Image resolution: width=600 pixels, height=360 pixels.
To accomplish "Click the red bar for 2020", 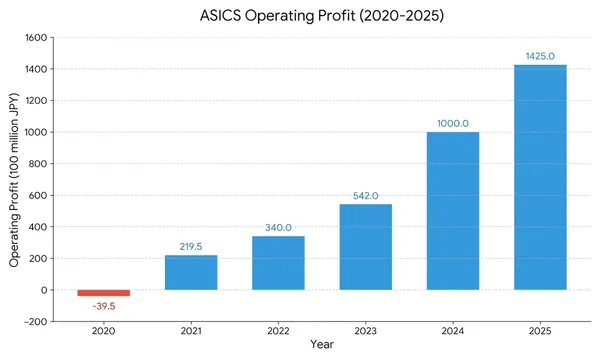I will (x=104, y=293).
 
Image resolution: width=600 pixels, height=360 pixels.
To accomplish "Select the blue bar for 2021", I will (x=191, y=272).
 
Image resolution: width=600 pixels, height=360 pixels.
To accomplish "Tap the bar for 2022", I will (x=278, y=263).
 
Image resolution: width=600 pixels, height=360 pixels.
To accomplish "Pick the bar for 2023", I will (x=365, y=247).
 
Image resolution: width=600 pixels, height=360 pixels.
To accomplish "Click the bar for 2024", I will (x=453, y=211).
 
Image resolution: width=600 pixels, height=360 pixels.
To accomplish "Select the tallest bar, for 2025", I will (x=540, y=177).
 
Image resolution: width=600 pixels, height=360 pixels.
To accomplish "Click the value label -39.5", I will (x=104, y=305).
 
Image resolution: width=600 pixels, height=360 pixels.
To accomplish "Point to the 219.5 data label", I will (x=191, y=246).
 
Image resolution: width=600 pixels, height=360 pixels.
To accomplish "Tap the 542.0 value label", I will (x=365, y=195).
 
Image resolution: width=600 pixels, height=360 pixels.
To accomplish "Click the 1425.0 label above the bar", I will (x=540, y=56).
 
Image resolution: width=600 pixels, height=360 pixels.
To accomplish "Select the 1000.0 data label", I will (x=453, y=123).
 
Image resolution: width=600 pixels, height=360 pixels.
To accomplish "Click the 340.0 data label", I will (x=278, y=227).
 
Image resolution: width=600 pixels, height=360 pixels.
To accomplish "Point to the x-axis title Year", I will (x=322, y=345).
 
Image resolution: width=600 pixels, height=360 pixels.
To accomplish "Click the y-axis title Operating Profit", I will (x=15, y=180).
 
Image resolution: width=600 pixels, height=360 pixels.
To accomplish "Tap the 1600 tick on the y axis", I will (x=35, y=38).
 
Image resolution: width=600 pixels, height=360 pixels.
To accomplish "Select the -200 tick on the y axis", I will (x=35, y=322).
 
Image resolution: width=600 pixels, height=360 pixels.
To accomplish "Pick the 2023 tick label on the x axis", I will (x=365, y=330).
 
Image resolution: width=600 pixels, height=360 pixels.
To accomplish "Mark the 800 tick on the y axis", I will (x=38, y=164).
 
